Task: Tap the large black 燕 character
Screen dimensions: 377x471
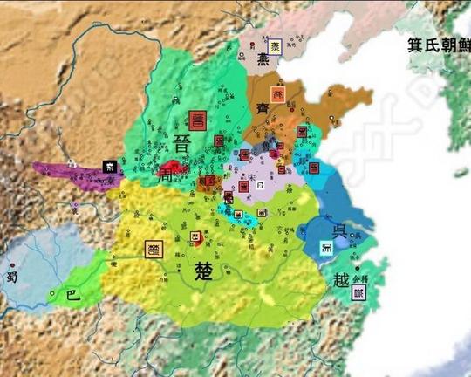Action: (263, 60)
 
